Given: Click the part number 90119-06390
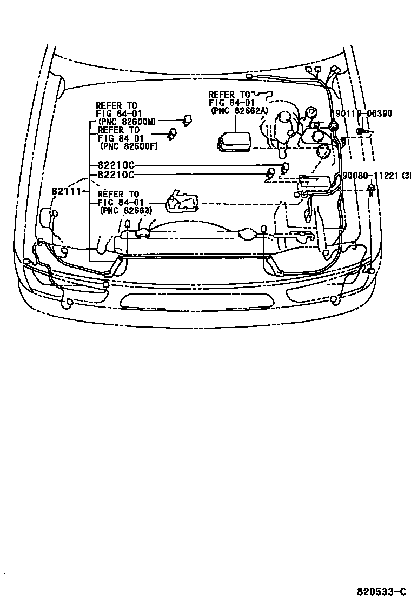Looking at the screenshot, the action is pos(364,113).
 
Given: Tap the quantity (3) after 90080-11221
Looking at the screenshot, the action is pos(407,176).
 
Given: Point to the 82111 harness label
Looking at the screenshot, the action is pos(66,191).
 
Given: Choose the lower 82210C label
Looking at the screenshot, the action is pos(116,175).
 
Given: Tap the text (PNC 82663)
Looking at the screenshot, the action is pos(124,210).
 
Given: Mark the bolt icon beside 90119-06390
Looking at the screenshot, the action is pos(362,131).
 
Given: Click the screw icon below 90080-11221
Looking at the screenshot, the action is pos(372,189).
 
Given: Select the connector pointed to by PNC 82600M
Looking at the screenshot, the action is pos(188,121).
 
